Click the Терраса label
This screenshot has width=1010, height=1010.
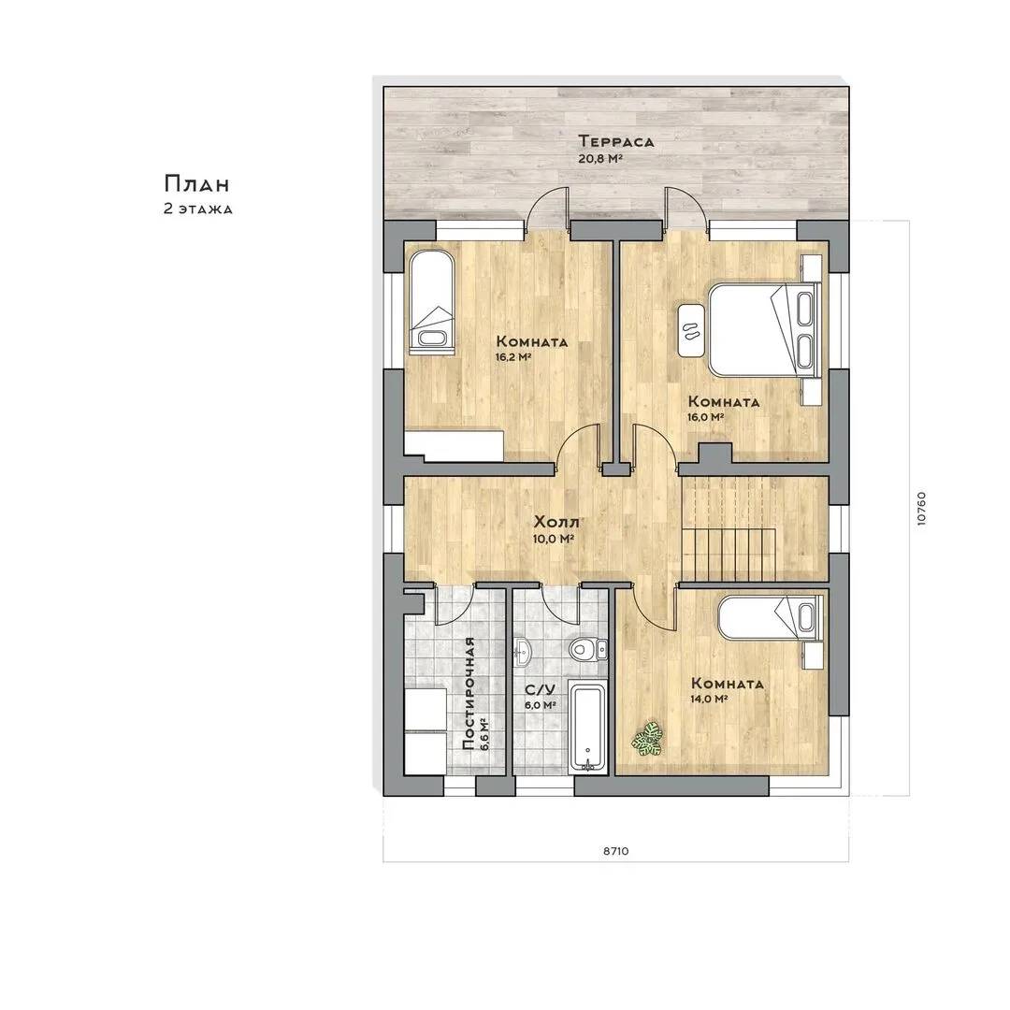pos(615,141)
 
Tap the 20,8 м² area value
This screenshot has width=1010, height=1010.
pos(600,158)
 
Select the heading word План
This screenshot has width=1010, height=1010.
pos(196,183)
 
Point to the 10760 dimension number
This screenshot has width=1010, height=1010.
pos(921,509)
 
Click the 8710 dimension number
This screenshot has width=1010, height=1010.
pos(615,851)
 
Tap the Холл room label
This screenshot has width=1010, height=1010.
pos(556,521)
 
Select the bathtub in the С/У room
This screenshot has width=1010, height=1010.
pos(586,729)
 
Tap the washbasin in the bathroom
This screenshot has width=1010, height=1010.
pos(523,652)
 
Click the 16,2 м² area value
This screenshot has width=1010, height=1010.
pos(512,357)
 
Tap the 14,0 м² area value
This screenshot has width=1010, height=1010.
pos(710,699)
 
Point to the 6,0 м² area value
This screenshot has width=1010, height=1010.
pos(541,705)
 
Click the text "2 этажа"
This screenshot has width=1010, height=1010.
pos(197,209)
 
